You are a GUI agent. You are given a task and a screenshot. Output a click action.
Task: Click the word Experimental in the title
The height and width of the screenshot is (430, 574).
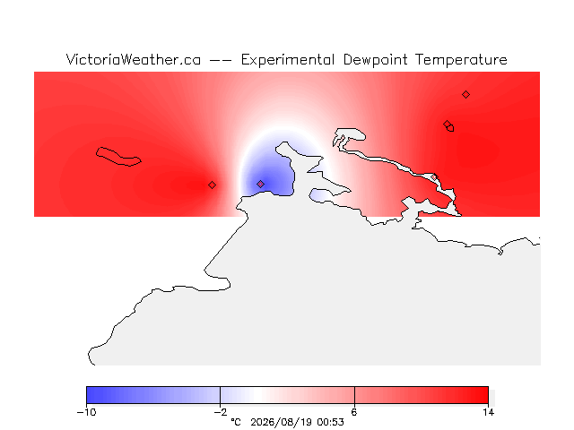pyautogui.click(x=287, y=60)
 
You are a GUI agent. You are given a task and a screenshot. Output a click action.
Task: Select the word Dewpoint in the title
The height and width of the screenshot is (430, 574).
pyautogui.click(x=375, y=60)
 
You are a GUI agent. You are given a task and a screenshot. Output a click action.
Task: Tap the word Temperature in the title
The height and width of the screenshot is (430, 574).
pyautogui.click(x=461, y=60)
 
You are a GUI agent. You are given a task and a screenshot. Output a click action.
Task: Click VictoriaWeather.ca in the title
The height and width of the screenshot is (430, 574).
pyautogui.click(x=134, y=60)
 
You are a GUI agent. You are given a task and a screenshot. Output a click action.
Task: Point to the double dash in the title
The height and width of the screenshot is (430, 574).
pyautogui.click(x=221, y=60)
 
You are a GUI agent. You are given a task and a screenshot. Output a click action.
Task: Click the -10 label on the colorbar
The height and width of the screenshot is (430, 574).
pyautogui.click(x=86, y=412)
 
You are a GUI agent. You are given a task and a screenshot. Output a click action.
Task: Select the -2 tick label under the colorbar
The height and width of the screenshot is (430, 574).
pyautogui.click(x=221, y=412)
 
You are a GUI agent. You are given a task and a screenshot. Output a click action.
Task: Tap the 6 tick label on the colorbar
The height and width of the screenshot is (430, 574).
pyautogui.click(x=354, y=412)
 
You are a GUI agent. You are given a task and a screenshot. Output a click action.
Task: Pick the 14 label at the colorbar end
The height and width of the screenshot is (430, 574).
pyautogui.click(x=488, y=412)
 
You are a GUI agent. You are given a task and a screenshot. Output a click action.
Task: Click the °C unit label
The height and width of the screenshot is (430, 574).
pyautogui.click(x=236, y=422)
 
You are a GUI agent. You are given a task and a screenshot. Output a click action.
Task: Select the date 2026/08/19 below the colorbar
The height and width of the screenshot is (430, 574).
pyautogui.click(x=281, y=422)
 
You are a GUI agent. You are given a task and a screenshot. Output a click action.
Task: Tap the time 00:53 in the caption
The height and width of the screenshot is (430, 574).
pyautogui.click(x=331, y=422)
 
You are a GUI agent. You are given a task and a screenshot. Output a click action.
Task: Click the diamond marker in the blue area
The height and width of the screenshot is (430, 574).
pyautogui.click(x=260, y=184)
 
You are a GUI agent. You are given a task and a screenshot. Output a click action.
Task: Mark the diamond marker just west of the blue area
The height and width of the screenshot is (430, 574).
pyautogui.click(x=212, y=185)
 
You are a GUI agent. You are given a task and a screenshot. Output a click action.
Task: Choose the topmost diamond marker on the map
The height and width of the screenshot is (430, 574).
pyautogui.click(x=465, y=95)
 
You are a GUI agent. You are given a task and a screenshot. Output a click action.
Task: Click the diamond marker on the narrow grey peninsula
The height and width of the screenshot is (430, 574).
pyautogui.click(x=434, y=177)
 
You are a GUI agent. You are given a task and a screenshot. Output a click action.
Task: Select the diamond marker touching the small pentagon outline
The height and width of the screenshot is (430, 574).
pyautogui.click(x=447, y=124)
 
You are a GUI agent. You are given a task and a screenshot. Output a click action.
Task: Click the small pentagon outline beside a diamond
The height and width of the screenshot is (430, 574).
pyautogui.click(x=450, y=128)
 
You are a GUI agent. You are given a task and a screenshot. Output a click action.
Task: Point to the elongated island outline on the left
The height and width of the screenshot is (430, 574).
pyautogui.click(x=117, y=157)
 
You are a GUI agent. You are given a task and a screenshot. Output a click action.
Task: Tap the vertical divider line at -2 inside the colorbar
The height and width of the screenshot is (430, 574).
pyautogui.click(x=220, y=395)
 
